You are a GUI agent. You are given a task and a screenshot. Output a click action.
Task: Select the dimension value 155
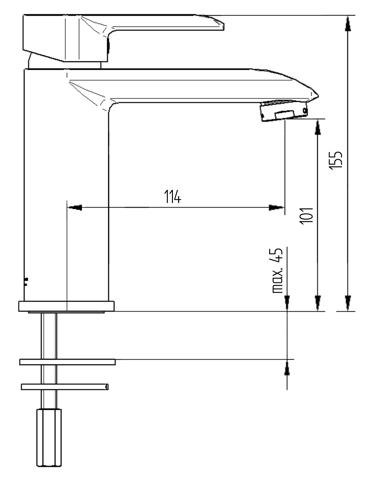(337, 160)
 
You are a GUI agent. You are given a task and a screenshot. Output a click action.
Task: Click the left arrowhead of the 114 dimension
(75, 208)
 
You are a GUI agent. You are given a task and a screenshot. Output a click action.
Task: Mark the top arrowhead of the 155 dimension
(348, 23)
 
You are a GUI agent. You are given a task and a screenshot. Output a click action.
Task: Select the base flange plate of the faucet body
(67, 306)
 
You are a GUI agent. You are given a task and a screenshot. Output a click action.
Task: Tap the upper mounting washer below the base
(67, 361)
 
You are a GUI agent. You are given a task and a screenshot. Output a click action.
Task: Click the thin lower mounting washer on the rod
(65, 386)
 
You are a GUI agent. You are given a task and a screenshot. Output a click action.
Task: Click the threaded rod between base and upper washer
(49, 335)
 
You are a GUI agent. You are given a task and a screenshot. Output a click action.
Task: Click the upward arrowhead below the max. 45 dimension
(287, 368)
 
